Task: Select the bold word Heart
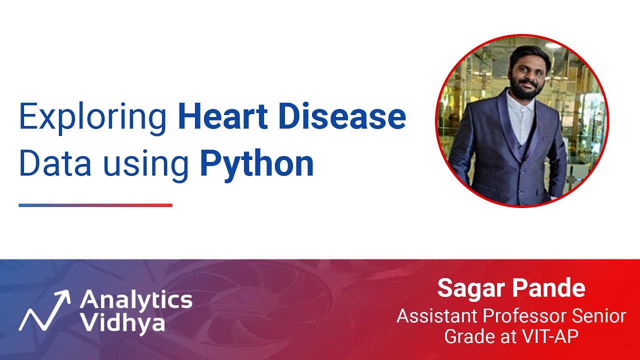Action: (222, 116)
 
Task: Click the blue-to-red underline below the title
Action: (95, 205)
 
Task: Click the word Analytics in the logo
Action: (136, 300)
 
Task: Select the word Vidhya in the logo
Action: (122, 323)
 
